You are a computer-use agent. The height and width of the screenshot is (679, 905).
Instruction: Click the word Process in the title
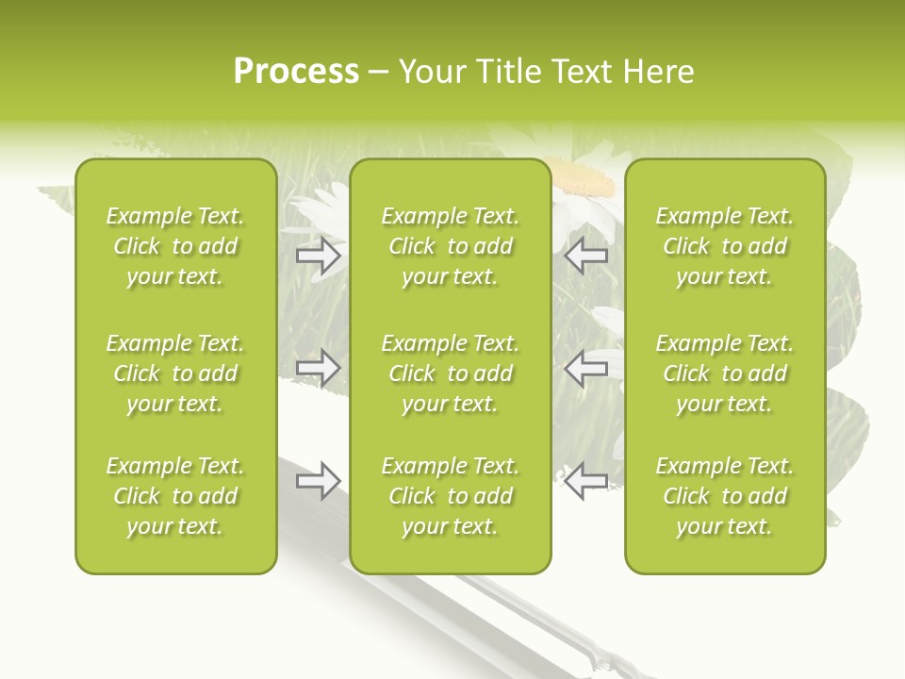coord(296,72)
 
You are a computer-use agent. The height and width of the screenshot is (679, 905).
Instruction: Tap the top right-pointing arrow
coord(319,256)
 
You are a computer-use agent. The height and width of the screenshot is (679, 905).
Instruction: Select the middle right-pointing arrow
coord(319,366)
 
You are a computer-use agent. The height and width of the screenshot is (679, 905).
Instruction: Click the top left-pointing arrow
coord(586,256)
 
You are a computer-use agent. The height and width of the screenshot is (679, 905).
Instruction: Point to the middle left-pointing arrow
coord(586,368)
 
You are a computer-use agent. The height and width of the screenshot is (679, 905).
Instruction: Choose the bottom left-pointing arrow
coord(586,480)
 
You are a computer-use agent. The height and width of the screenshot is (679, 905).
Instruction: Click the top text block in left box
coord(175,246)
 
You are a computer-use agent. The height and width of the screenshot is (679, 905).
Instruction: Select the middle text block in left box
coord(175,373)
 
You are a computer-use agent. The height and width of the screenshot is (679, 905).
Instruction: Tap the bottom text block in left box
coord(175,496)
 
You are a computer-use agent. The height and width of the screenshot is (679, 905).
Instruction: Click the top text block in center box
coord(450,246)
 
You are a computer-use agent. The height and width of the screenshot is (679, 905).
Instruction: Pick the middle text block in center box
coord(450,373)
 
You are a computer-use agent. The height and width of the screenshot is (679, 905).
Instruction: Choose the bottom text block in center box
coord(450,496)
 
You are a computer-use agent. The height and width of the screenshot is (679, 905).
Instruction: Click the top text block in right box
coord(724,246)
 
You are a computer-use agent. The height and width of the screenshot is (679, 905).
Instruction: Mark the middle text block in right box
coord(724,373)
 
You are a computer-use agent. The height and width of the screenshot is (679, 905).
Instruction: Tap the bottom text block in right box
coord(724,496)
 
